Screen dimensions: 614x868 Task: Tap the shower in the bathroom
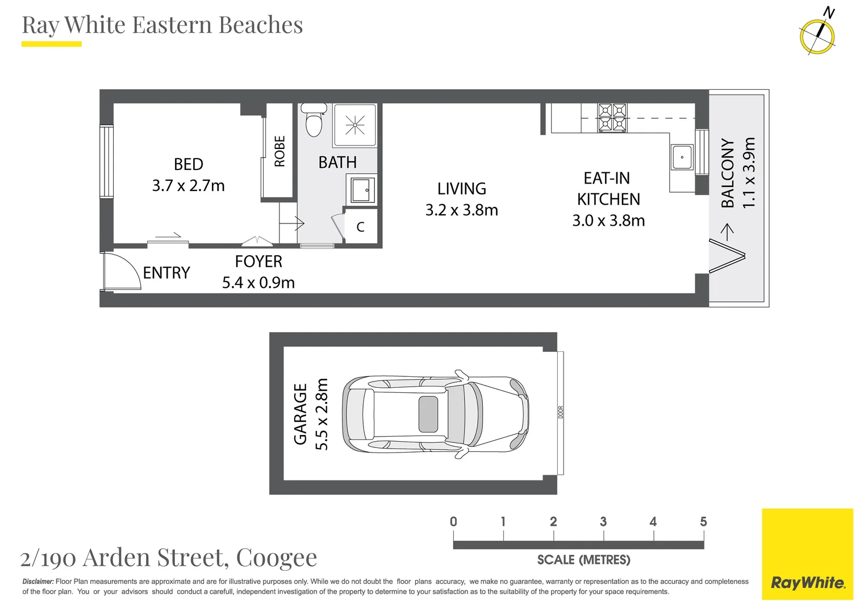(355, 125)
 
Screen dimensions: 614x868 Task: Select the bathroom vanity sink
(362, 190)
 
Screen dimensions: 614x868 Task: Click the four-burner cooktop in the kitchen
(612, 118)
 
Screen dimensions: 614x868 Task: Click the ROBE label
(279, 151)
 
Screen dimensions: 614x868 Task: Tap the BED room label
(189, 164)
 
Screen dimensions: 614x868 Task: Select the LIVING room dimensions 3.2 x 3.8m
(461, 210)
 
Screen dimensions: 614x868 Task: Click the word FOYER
(258, 262)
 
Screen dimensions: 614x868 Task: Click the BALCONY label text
(728, 173)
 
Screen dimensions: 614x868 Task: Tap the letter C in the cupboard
(360, 227)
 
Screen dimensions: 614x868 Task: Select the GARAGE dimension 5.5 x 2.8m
(322, 414)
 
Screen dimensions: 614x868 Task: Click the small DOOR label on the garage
(560, 412)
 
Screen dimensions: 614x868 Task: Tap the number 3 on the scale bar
(603, 521)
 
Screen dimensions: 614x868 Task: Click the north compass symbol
(817, 36)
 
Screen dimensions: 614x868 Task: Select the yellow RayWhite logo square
(807, 554)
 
